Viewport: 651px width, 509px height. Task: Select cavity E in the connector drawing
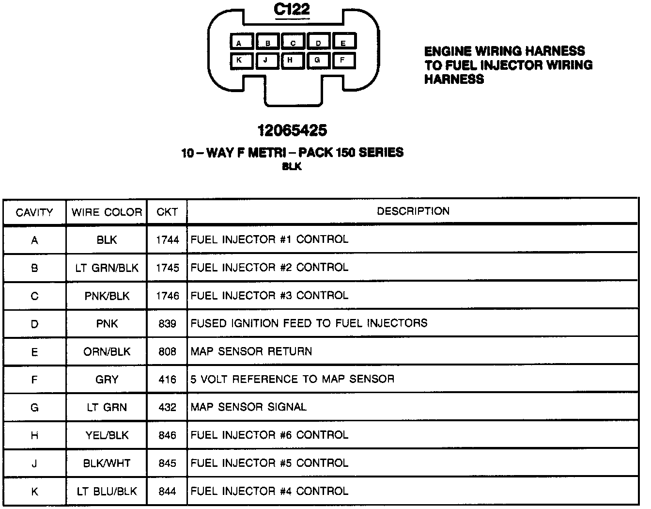tap(344, 43)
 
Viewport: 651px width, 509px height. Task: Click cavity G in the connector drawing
tap(318, 61)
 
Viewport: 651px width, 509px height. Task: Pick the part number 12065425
tap(292, 130)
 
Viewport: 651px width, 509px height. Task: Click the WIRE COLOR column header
tap(107, 212)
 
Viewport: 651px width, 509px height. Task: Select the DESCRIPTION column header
tap(413, 211)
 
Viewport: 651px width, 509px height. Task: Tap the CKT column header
tap(167, 212)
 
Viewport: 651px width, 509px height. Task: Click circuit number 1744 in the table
tap(167, 240)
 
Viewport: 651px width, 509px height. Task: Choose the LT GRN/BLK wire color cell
tap(107, 268)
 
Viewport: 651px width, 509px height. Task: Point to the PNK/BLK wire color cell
tap(107, 296)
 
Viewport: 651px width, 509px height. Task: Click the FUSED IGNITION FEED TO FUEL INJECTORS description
tap(309, 323)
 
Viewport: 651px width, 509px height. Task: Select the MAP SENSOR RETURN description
tap(251, 351)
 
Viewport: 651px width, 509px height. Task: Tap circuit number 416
tap(167, 380)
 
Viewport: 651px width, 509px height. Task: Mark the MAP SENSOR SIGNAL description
tap(248, 407)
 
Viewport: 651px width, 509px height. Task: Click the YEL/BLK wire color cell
tap(107, 435)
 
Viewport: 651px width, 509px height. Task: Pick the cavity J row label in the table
tap(34, 463)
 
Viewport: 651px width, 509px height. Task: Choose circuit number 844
tap(167, 492)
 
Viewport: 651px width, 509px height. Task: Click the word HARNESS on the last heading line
tap(454, 79)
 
